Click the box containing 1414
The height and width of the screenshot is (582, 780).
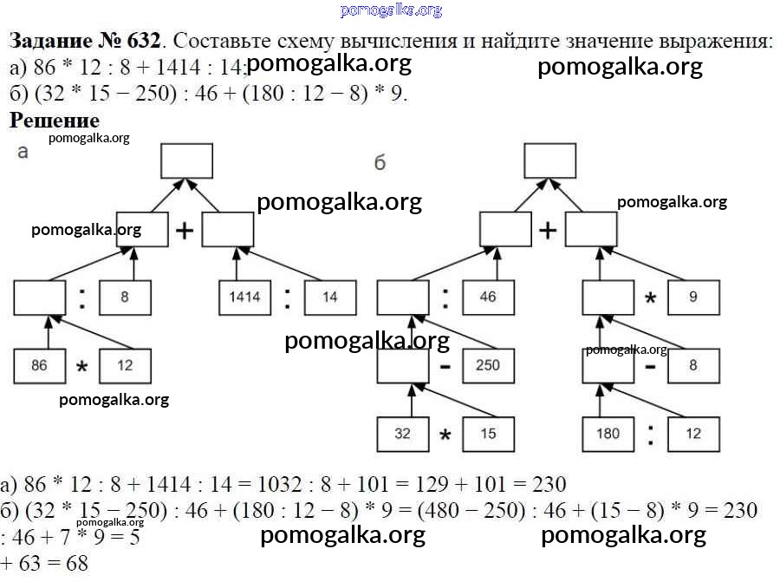point(244,297)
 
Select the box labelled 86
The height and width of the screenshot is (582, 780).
point(39,365)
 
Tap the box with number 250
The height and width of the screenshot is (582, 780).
point(488,365)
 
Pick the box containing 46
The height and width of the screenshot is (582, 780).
point(488,297)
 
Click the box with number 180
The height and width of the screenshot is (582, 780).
point(608,434)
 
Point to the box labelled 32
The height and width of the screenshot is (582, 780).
point(402,434)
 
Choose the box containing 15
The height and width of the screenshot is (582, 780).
point(488,434)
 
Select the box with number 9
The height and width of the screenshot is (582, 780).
point(693,297)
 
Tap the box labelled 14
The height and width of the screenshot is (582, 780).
point(330,297)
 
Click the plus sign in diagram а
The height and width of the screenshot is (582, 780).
point(185,231)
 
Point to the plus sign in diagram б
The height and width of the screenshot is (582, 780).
point(548,231)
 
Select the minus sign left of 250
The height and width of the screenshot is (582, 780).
point(445,366)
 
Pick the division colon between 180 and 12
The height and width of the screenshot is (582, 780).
point(651,434)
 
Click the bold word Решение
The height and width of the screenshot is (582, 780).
point(55,121)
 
